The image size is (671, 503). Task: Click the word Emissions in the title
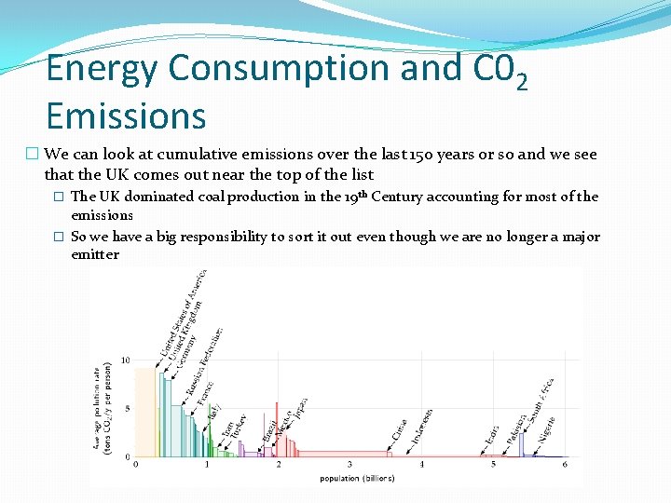(x=126, y=116)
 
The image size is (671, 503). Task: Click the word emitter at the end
(x=95, y=254)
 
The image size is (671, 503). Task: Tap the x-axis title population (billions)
(x=357, y=478)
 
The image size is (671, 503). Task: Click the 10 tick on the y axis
(x=127, y=360)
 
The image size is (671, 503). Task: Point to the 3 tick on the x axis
(x=350, y=464)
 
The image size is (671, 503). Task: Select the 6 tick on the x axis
(x=565, y=464)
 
